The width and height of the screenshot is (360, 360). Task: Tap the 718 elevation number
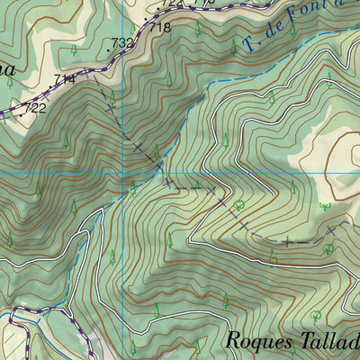[160, 28]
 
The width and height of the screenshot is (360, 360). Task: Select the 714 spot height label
[64, 80]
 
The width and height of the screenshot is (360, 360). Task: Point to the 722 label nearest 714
[34, 108]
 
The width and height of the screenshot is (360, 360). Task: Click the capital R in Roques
[232, 342]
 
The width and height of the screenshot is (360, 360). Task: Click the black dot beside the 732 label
[110, 50]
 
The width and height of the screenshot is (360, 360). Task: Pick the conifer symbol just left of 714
[9, 81]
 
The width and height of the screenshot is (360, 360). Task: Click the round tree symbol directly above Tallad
[315, 315]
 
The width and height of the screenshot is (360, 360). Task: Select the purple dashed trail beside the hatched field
[27, 337]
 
